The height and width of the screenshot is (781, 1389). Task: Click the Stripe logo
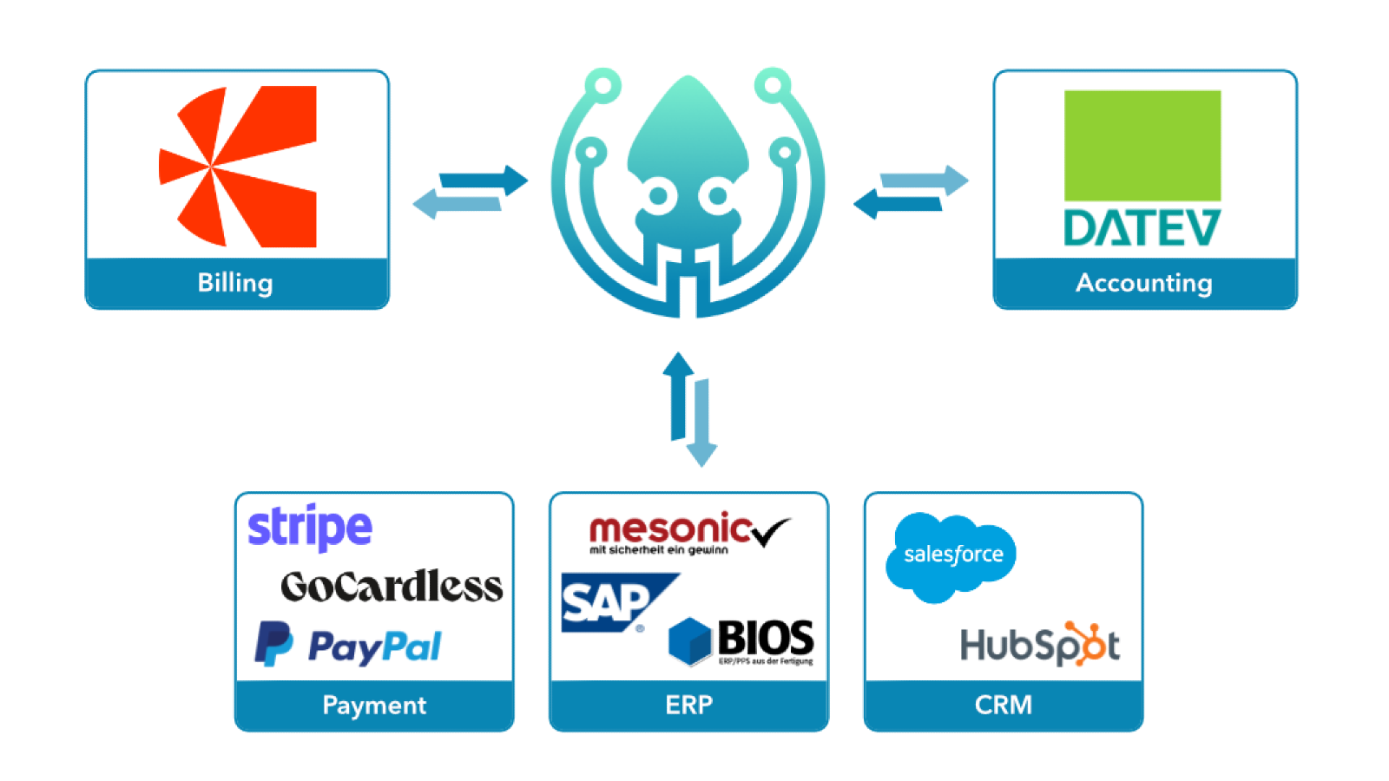310,527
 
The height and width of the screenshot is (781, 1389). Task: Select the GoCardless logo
392,587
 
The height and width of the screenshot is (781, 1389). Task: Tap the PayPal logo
348,646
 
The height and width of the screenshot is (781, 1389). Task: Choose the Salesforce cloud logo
951,556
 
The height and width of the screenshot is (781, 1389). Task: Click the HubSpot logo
1039,645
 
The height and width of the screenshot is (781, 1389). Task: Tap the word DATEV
1142,228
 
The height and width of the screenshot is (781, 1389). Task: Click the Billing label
235,283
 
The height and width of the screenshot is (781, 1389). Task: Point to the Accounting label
1144,283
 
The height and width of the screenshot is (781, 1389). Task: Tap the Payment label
374,705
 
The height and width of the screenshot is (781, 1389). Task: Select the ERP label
688,705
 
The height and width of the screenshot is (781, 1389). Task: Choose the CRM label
1004,705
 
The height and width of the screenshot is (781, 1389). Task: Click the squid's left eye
658,196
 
